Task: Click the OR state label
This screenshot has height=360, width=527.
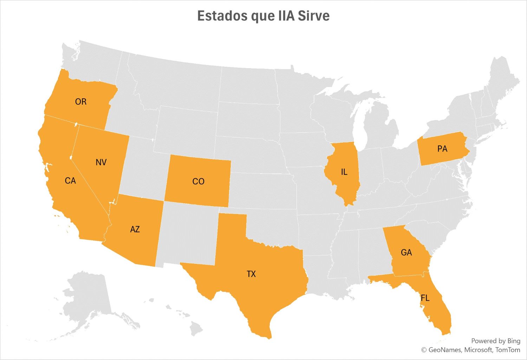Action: (80, 102)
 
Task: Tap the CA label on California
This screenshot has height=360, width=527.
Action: (70, 181)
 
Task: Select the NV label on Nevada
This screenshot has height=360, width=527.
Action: (101, 162)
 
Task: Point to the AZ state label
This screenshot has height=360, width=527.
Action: (135, 229)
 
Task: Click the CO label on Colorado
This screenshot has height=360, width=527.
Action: (198, 181)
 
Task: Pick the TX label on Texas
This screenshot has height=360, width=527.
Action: (251, 274)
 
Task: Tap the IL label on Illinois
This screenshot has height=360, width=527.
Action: (344, 172)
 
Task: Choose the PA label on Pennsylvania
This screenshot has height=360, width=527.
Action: (442, 149)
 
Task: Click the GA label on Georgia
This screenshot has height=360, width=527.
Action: (406, 253)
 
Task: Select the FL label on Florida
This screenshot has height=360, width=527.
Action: (425, 298)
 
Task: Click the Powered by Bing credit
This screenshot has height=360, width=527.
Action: (495, 341)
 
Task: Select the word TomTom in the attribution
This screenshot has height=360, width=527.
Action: (508, 350)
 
